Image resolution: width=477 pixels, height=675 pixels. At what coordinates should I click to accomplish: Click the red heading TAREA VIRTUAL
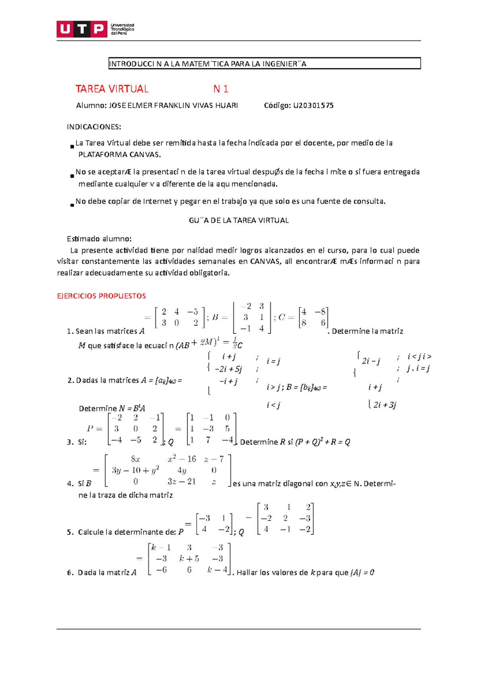[112, 89]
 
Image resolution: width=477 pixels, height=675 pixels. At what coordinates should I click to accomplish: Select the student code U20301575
[313, 106]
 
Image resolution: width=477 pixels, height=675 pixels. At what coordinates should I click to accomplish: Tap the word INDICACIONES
[94, 127]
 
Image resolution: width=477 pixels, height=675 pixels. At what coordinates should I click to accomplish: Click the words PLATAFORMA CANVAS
[120, 155]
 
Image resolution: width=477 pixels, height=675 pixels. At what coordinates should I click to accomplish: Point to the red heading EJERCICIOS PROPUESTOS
[101, 296]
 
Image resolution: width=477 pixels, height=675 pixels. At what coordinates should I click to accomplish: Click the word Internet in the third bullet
[157, 202]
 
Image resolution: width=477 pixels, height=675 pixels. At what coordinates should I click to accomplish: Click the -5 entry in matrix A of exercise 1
[192, 312]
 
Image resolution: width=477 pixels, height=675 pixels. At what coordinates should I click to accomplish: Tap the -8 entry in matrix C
[320, 312]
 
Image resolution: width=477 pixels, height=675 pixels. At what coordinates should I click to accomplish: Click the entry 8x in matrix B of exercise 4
[136, 460]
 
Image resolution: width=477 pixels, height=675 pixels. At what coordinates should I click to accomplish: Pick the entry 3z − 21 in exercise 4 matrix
[182, 482]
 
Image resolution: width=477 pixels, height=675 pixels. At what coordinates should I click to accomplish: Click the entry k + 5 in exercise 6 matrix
[189, 559]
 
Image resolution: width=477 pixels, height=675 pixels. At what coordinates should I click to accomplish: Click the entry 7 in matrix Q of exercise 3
[208, 440]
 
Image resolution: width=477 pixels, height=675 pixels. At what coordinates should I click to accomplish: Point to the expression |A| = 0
[362, 573]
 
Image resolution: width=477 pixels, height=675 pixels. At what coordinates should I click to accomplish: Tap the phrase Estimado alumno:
[99, 239]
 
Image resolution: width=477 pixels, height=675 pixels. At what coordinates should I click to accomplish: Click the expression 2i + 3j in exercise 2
[384, 405]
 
